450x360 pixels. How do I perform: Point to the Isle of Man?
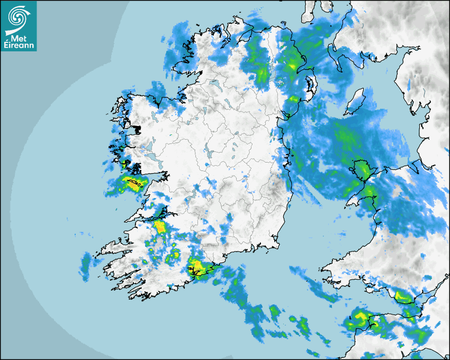354,102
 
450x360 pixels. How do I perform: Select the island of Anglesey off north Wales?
363,170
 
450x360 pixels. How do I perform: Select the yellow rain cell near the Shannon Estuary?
159,228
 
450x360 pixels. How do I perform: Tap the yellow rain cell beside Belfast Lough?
292,66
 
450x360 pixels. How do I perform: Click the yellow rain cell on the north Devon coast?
359,317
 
